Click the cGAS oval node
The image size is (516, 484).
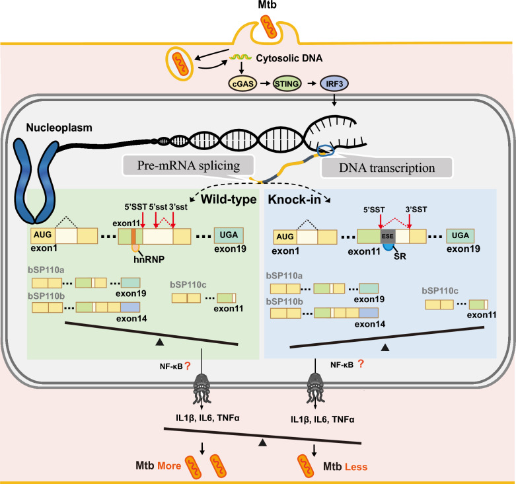pyautogui.click(x=243, y=83)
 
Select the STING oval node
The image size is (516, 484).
pyautogui.click(x=287, y=83)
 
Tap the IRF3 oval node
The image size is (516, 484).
pyautogui.click(x=334, y=83)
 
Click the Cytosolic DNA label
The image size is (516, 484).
pyautogui.click(x=289, y=58)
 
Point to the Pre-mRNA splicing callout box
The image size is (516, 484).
pyautogui.click(x=188, y=165)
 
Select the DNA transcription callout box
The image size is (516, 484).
pyautogui.click(x=387, y=167)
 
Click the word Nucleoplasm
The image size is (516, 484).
pyautogui.click(x=59, y=128)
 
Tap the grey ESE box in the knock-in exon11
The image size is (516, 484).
pyautogui.click(x=388, y=236)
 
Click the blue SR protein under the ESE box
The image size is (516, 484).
pyautogui.click(x=389, y=247)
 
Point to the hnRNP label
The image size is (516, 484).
pyautogui.click(x=149, y=259)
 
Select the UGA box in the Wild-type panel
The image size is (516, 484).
pyautogui.click(x=229, y=235)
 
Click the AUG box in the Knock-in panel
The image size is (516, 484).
pyautogui.click(x=285, y=237)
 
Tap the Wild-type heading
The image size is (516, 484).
pyautogui.click(x=229, y=199)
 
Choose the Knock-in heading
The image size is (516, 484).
pyautogui.click(x=294, y=199)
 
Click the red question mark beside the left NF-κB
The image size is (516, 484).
pyautogui.click(x=188, y=366)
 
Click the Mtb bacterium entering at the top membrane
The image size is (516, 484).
pyautogui.click(x=268, y=26)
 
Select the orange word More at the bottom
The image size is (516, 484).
pyautogui.click(x=169, y=466)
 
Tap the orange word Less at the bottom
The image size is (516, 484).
pyautogui.click(x=356, y=467)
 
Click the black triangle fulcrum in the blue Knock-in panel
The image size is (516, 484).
pyautogui.click(x=385, y=347)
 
